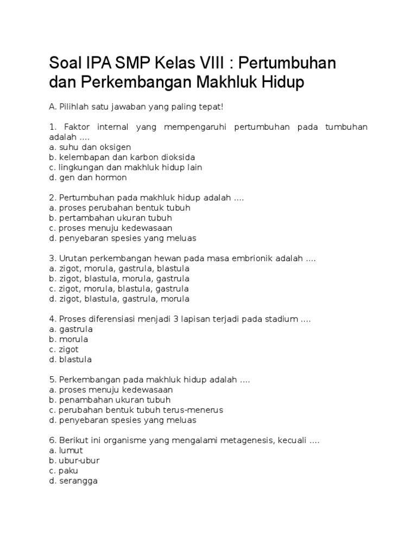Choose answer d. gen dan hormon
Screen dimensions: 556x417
pyautogui.click(x=87, y=178)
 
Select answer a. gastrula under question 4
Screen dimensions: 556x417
pyautogui.click(x=71, y=329)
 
